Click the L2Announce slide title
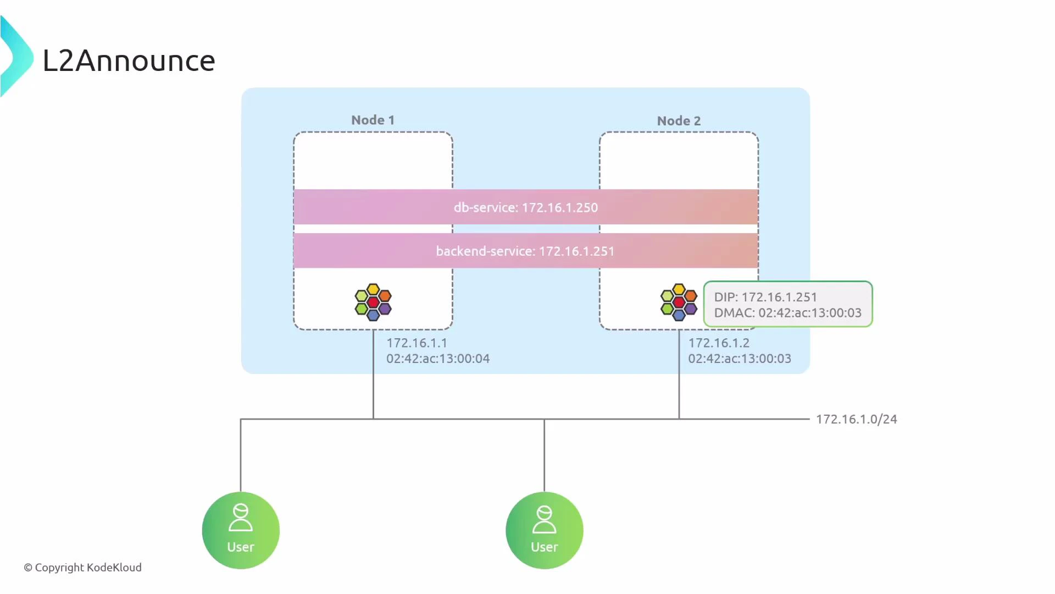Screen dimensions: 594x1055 point(129,61)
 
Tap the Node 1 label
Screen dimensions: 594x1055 point(373,120)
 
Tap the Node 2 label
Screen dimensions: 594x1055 point(679,120)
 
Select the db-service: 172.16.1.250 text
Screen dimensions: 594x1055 point(525,207)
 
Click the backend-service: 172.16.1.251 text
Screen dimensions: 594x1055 point(525,251)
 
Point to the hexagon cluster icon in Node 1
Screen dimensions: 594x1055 point(373,302)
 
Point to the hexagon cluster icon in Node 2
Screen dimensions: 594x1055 point(679,302)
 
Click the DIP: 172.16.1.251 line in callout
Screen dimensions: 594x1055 point(765,297)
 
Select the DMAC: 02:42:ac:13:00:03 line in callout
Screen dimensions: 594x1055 point(787,313)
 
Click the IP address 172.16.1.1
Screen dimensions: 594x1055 point(417,343)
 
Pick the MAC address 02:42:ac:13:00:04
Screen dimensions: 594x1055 point(438,359)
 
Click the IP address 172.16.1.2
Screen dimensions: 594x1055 point(719,343)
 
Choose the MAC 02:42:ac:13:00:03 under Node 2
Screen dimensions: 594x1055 point(740,359)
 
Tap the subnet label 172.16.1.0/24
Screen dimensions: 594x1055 point(856,419)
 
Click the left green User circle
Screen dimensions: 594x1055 point(241,530)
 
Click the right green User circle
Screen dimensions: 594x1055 point(544,530)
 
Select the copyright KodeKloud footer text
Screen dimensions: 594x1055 point(82,567)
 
